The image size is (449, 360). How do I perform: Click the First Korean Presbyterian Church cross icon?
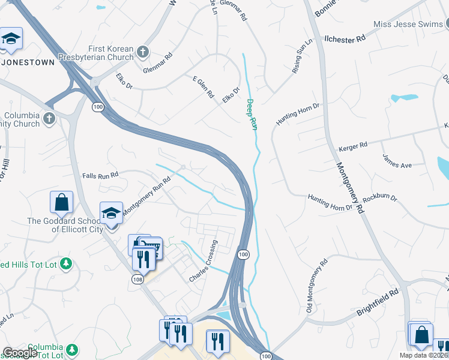point(143,52)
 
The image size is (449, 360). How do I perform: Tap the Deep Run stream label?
point(252,115)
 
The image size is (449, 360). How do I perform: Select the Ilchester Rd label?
point(345,38)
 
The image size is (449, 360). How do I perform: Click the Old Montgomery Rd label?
point(316,285)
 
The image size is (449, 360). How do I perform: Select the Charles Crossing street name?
point(204,261)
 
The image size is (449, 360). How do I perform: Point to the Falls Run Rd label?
point(100,175)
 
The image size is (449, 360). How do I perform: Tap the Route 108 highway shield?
point(137,280)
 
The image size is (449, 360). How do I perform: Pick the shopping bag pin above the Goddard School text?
point(62,203)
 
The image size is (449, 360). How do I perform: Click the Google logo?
point(20,353)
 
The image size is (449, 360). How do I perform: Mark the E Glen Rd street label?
point(203,87)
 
